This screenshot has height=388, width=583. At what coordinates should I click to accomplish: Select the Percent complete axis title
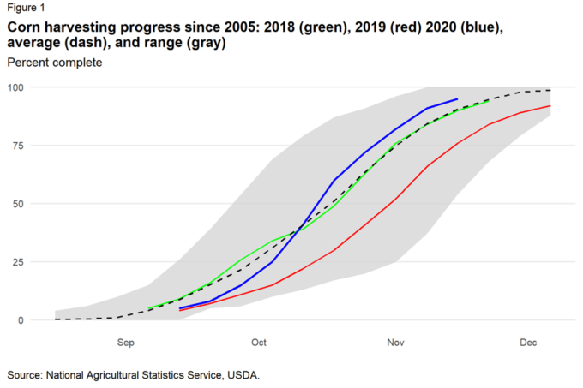tap(54, 63)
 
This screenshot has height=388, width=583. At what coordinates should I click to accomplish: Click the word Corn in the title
tap(24, 27)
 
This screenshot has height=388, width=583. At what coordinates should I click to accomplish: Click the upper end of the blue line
tap(457, 99)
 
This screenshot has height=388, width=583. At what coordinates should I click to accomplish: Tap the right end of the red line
tap(550, 106)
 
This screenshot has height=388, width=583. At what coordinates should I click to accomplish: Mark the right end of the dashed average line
tap(550, 90)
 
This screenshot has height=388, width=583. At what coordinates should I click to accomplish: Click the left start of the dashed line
tap(56, 319)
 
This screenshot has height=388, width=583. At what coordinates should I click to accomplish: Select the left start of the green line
tap(148, 308)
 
